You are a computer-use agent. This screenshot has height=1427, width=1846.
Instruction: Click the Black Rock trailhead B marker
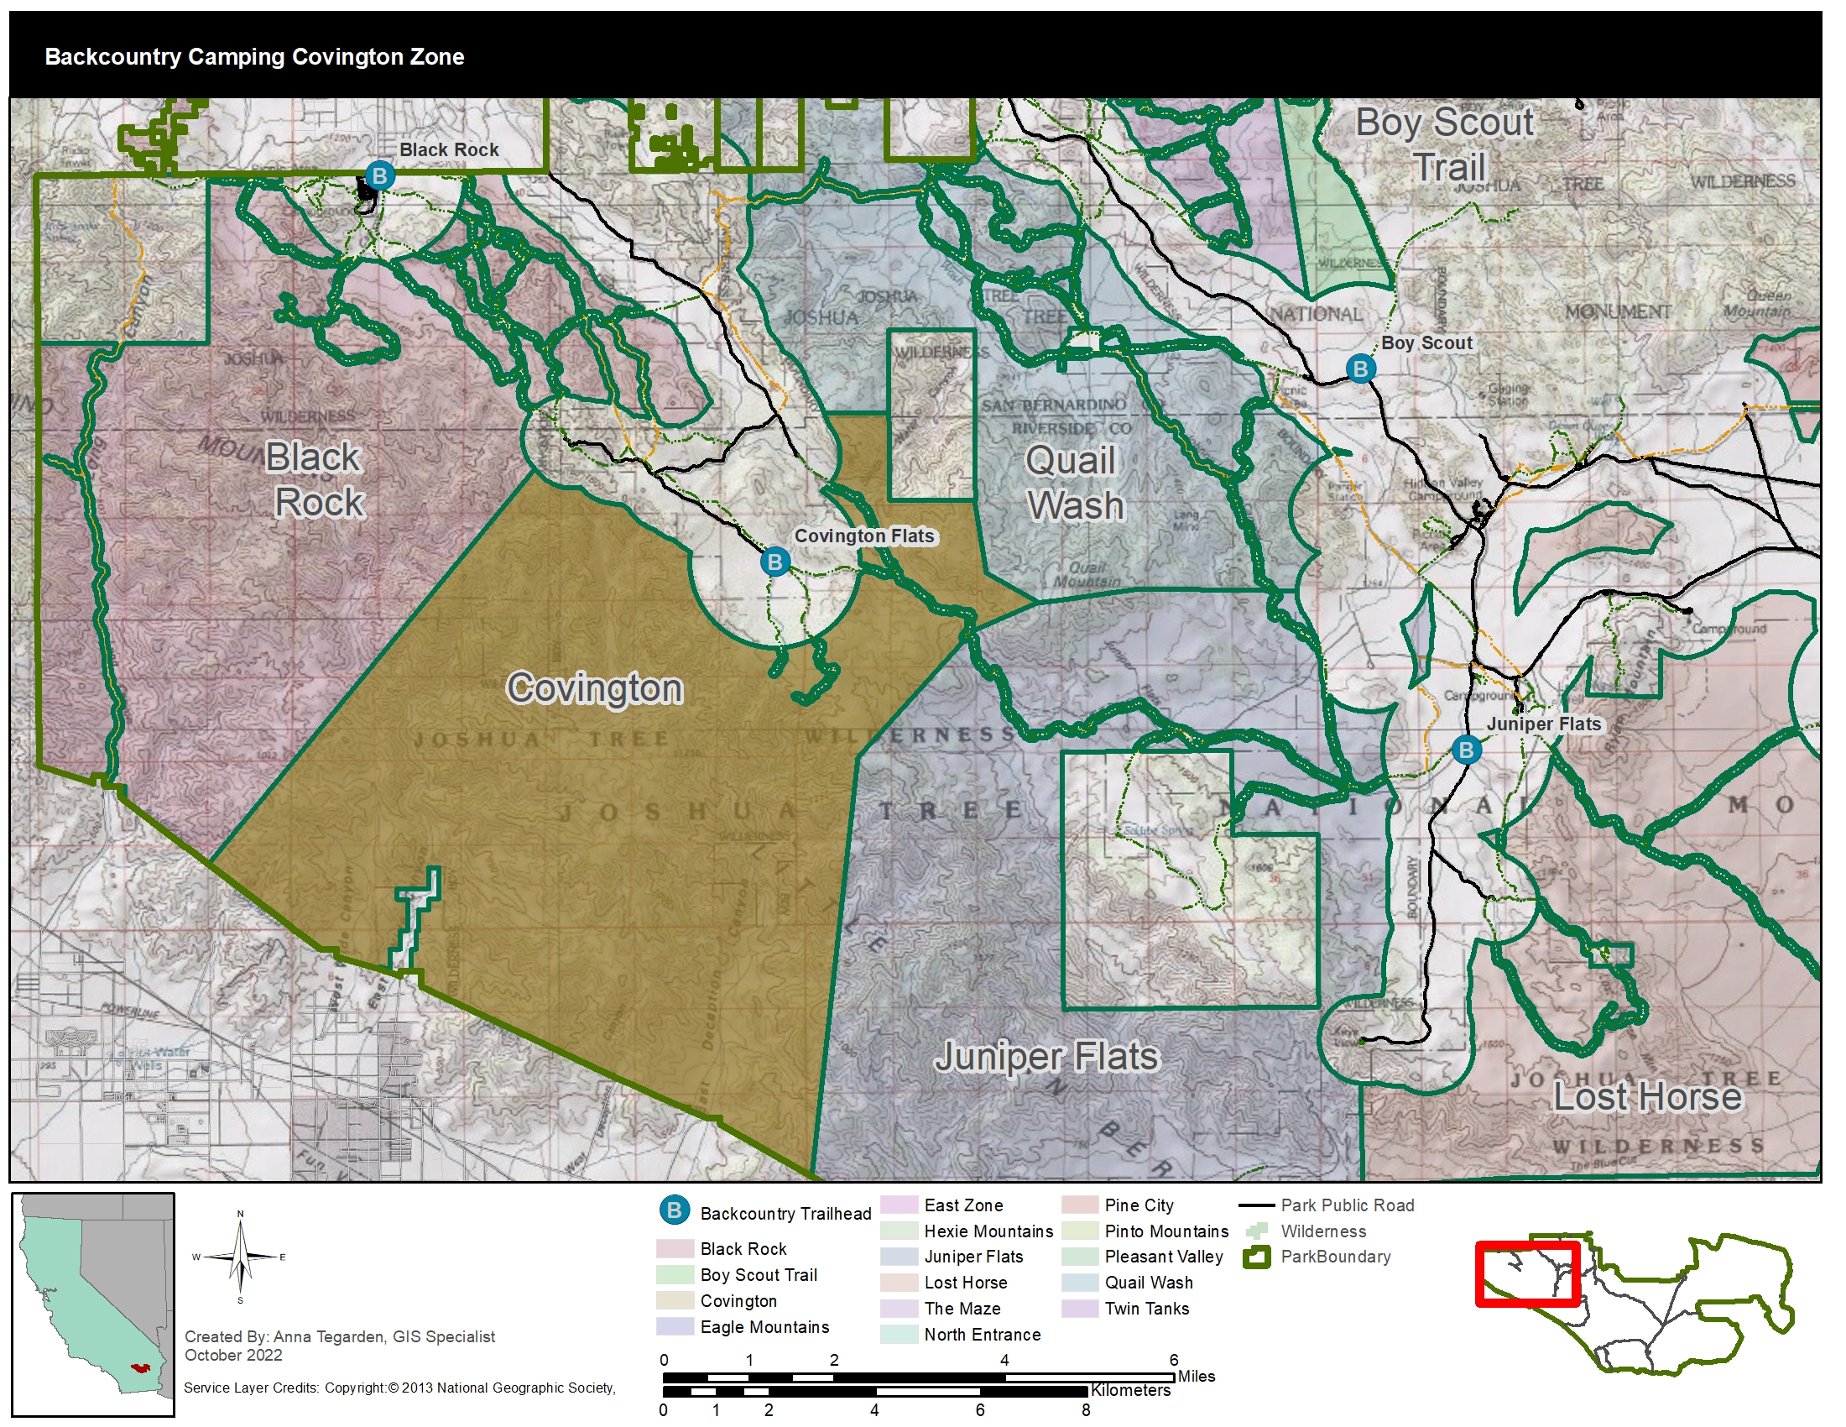pos(379,175)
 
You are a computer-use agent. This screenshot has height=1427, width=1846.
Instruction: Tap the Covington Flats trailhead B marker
pos(774,562)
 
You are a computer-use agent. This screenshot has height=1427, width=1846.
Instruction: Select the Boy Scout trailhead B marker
pos(1360,369)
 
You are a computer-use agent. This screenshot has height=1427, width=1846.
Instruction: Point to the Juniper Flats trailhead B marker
pos(1466,749)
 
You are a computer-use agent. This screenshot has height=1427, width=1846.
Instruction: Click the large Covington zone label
pos(594,688)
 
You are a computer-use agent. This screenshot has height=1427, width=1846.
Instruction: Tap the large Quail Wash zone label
pos(1074,484)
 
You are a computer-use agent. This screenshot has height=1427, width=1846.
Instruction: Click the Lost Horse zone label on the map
pos(1647,1096)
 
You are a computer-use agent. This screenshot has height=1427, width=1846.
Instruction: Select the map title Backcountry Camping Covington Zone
pos(254,56)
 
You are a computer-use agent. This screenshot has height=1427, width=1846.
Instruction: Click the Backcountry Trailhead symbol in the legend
pos(674,1210)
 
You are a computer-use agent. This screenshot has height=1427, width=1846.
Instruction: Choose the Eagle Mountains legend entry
pos(764,1327)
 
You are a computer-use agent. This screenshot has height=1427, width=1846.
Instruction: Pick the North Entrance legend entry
pos(983,1335)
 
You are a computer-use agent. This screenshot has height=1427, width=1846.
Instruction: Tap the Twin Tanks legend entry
pos(1146,1309)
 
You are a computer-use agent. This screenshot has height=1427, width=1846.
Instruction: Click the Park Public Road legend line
pos(1256,1205)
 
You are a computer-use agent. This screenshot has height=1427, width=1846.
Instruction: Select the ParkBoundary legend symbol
pos(1257,1257)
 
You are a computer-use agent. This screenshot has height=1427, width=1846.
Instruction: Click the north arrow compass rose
pos(240,1258)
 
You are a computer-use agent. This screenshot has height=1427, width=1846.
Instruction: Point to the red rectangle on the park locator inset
pos(1527,1274)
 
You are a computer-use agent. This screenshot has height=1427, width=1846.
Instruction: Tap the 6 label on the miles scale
pos(1173,1359)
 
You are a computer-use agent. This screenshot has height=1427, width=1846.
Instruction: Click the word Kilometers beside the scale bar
pos(1130,1390)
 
